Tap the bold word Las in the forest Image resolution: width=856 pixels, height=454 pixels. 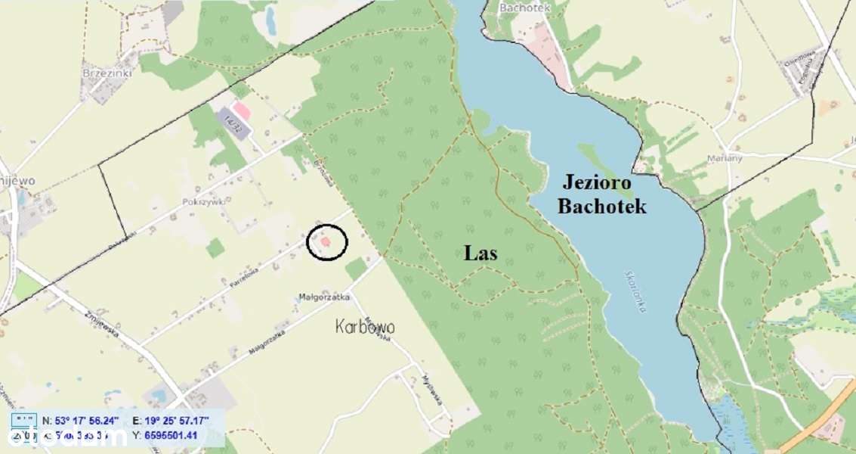click(x=481, y=253)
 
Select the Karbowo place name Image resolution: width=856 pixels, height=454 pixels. click(x=365, y=328)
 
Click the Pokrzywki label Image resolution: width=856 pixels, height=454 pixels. click(x=200, y=202)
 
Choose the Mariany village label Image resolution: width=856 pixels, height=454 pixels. click(x=725, y=158)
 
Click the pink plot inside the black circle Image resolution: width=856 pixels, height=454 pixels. click(x=326, y=242)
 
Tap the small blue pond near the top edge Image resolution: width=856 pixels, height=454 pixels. click(x=270, y=23)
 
